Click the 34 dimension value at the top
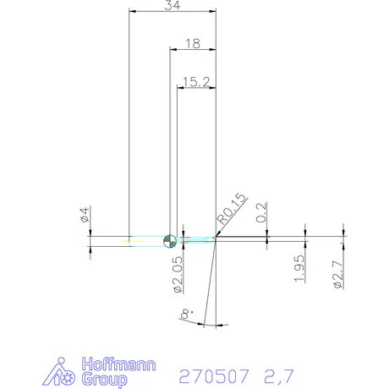pyautogui.click(x=173, y=6)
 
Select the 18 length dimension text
pyautogui.click(x=192, y=43)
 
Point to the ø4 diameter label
pyautogui.click(x=84, y=215)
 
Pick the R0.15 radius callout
pyautogui.click(x=231, y=208)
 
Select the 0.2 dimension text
pyautogui.click(x=261, y=212)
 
